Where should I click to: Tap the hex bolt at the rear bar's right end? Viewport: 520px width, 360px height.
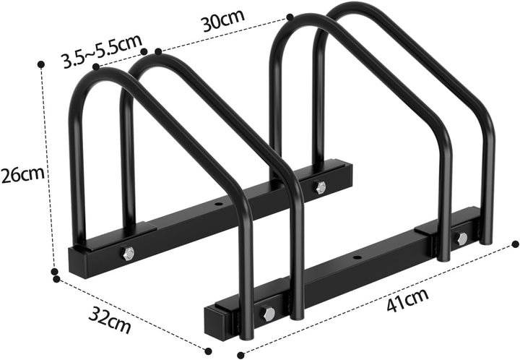[321, 187]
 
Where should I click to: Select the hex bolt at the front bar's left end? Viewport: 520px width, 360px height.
[268, 314]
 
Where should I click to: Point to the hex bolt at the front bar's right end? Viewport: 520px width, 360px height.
[461, 238]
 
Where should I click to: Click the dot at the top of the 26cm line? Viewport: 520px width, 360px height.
[41, 65]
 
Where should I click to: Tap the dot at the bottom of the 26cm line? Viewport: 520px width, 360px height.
[54, 272]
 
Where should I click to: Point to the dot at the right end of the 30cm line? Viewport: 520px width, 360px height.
[290, 16]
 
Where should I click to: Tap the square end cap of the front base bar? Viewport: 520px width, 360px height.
[217, 319]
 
